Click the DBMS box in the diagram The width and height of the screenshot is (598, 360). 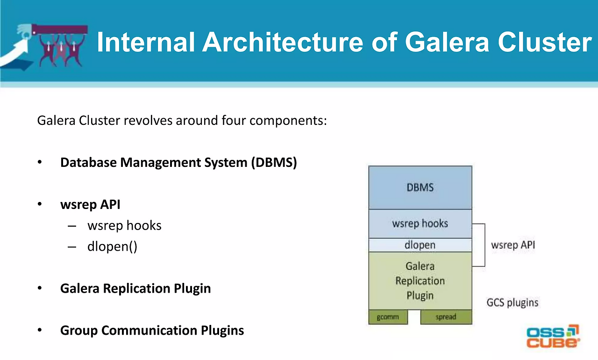pyautogui.click(x=420, y=187)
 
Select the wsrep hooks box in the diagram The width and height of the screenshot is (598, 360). pyautogui.click(x=420, y=223)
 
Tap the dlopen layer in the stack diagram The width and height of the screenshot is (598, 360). pyautogui.click(x=420, y=245)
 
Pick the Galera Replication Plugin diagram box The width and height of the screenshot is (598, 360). pyautogui.click(x=420, y=281)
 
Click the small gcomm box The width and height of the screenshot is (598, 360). pyautogui.click(x=387, y=317)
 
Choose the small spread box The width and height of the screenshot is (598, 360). pyautogui.click(x=446, y=317)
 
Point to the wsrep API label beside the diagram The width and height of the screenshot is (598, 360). pyautogui.click(x=513, y=245)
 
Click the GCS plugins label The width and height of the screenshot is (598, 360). pyautogui.click(x=512, y=302)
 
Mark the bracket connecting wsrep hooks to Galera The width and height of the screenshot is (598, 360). pyautogui.click(x=484, y=245)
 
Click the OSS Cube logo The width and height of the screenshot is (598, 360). pyautogui.click(x=553, y=336)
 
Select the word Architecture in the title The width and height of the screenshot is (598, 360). pyautogui.click(x=283, y=43)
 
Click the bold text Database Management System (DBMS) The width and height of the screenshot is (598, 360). pyautogui.click(x=178, y=162)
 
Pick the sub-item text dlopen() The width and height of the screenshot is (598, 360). pyautogui.click(x=112, y=246)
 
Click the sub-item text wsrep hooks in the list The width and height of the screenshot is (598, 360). pyautogui.click(x=124, y=225)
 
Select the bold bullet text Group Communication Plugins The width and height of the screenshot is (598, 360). pyautogui.click(x=152, y=330)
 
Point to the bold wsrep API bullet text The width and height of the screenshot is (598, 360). pyautogui.click(x=90, y=204)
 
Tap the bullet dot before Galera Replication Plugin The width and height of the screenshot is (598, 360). pyautogui.click(x=40, y=288)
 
